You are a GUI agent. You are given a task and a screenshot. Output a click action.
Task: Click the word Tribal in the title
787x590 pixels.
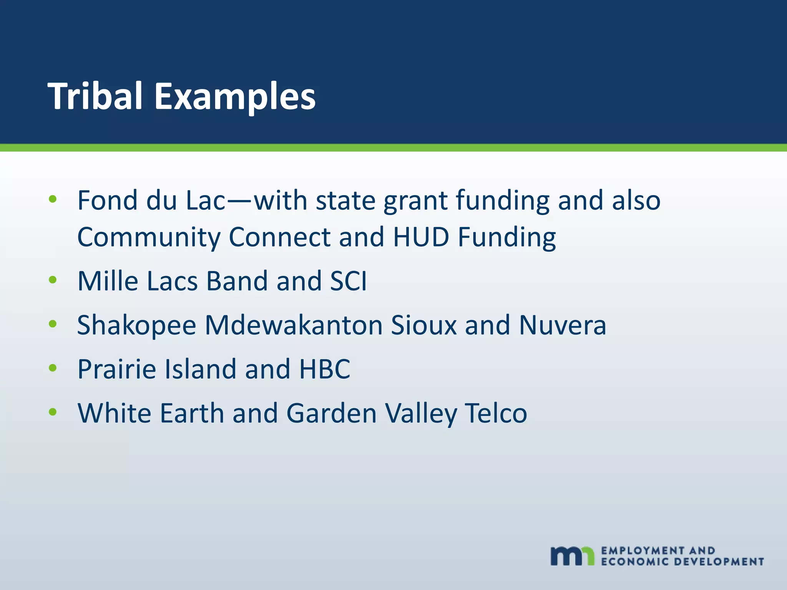[x=95, y=96]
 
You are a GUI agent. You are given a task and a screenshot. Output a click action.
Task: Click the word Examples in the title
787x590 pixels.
[x=235, y=97]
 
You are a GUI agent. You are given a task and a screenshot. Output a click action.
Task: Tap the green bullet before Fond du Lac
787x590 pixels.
[x=53, y=199]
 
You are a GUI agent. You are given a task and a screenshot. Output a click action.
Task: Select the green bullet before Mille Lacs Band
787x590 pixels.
[x=53, y=280]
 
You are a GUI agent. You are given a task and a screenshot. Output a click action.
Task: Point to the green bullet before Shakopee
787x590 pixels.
[x=53, y=324]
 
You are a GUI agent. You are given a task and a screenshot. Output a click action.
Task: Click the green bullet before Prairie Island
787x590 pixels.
[x=53, y=368]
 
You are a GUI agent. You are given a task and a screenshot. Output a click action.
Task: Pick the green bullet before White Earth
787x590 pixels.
[x=53, y=412]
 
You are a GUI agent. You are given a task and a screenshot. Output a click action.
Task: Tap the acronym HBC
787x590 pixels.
[x=325, y=369]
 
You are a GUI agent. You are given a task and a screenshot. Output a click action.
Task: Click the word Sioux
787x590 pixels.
[x=424, y=325]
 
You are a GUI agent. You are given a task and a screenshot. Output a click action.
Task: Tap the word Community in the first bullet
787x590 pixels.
[x=149, y=237]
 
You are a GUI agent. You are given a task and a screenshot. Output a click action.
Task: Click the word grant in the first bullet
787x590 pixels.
[x=415, y=201]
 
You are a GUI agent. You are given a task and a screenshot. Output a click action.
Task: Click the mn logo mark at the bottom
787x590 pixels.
[x=572, y=556]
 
